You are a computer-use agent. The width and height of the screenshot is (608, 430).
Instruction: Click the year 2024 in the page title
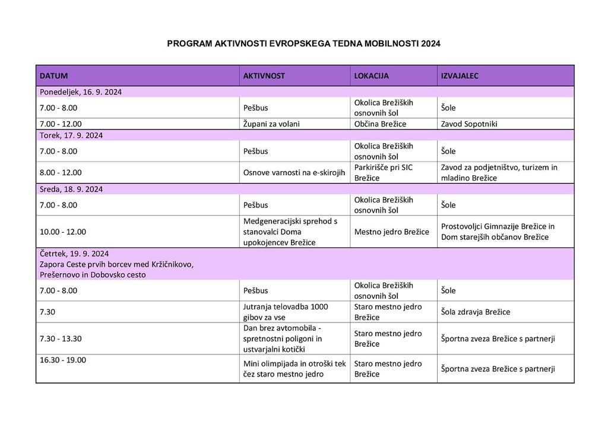click(430, 44)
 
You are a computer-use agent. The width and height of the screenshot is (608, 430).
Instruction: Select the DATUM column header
click(53, 76)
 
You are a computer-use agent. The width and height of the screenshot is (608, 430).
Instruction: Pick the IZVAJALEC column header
click(460, 76)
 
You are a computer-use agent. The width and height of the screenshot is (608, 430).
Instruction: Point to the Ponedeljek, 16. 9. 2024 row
click(81, 92)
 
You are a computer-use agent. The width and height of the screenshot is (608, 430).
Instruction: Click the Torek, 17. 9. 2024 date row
click(71, 135)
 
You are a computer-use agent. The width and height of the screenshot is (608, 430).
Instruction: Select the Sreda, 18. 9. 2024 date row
click(71, 189)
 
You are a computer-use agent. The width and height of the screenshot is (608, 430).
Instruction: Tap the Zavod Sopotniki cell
click(469, 124)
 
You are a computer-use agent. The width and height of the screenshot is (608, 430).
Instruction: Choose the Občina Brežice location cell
click(380, 124)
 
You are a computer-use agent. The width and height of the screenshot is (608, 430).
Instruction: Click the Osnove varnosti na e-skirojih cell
click(294, 172)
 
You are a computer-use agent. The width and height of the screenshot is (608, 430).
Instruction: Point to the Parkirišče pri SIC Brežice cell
click(383, 172)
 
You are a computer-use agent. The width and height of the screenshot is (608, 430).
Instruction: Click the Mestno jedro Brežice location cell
click(391, 232)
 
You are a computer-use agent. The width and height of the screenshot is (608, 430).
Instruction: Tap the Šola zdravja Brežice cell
click(475, 312)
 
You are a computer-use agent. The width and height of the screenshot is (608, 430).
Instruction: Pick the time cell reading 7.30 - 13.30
click(61, 339)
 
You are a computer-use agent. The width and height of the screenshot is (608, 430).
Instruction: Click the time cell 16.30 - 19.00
click(63, 360)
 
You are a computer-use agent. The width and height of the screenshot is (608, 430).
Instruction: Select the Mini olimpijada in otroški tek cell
click(294, 369)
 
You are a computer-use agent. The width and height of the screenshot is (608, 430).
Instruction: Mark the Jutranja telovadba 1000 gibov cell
click(286, 312)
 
